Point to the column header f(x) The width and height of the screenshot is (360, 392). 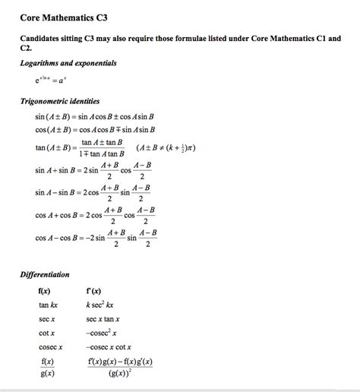(x=45, y=291)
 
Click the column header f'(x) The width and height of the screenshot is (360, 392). (x=95, y=291)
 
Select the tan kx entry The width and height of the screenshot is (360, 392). (x=49, y=305)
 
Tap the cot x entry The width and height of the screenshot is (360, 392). (x=46, y=334)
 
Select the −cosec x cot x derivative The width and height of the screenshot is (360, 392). (x=112, y=347)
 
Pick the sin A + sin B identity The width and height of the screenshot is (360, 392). (x=93, y=170)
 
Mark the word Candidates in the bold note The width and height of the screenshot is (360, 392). (x=42, y=37)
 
